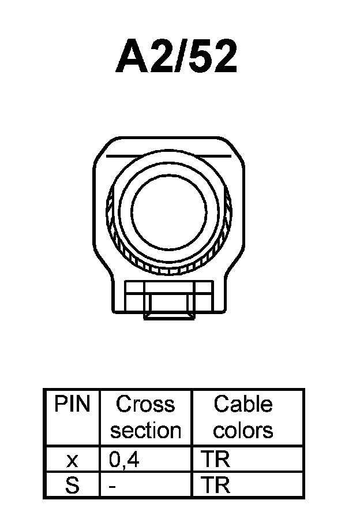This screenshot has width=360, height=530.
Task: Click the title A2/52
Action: (x=177, y=57)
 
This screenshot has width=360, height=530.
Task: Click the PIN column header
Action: (x=72, y=405)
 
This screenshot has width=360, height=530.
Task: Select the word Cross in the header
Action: (x=145, y=405)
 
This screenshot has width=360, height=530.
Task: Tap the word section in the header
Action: (x=145, y=430)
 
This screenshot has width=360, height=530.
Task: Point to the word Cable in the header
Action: (x=243, y=405)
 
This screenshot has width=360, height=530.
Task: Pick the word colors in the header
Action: (x=243, y=430)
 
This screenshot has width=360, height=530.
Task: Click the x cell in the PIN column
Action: (x=72, y=460)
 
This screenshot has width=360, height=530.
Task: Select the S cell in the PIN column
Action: (x=72, y=486)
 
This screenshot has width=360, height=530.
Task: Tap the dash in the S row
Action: (x=112, y=486)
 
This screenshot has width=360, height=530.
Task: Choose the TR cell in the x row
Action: (x=216, y=460)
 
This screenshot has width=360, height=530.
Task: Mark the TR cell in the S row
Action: (x=216, y=486)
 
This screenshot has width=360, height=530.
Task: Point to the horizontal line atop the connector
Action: (x=169, y=156)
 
